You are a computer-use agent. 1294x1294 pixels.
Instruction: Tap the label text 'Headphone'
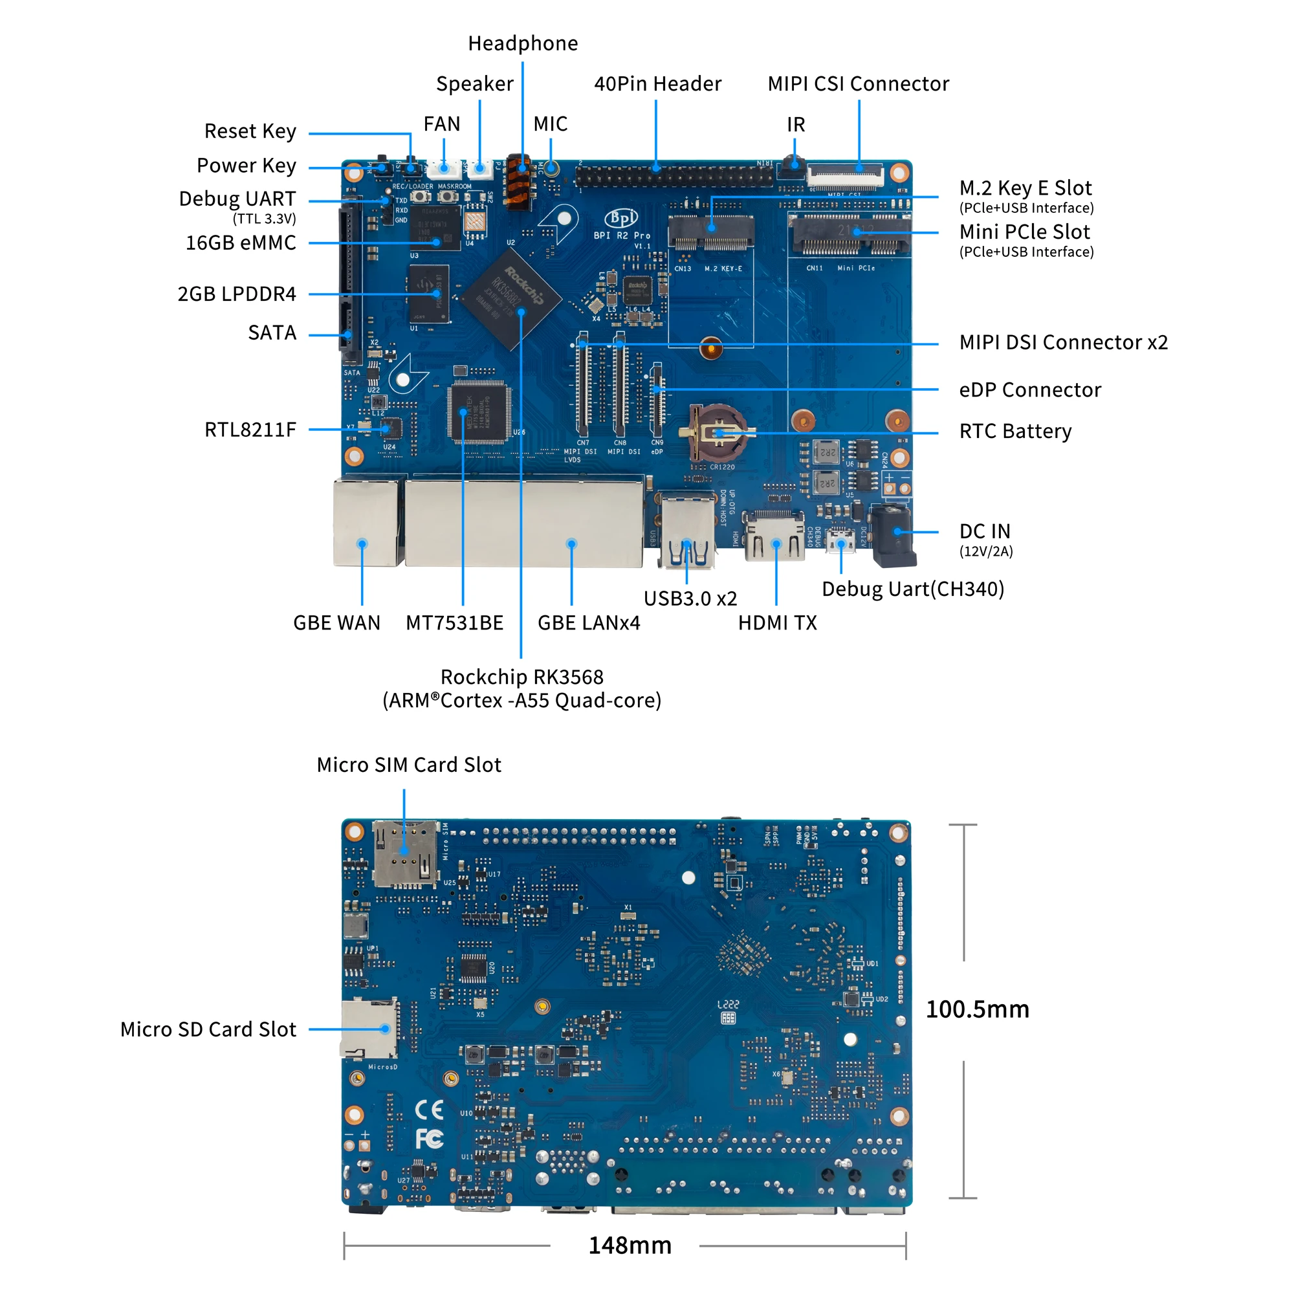click(x=522, y=43)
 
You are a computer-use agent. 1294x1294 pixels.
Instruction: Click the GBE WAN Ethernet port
click(x=366, y=522)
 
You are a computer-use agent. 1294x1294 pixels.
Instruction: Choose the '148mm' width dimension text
click(x=630, y=1245)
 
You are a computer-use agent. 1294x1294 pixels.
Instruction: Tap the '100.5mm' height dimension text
click(x=977, y=1009)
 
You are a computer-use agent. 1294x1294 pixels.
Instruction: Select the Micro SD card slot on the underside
click(x=369, y=1028)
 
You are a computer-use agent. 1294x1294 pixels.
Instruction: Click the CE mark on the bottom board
click(x=430, y=1110)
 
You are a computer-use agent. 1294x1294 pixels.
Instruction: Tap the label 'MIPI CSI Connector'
click(x=858, y=83)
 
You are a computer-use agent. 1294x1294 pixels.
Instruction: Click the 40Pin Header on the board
click(x=673, y=177)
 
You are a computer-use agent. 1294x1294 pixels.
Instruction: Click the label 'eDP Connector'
click(x=1029, y=389)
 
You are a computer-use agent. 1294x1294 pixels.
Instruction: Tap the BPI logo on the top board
click(x=621, y=218)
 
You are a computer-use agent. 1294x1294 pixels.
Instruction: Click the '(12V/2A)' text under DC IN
click(x=986, y=551)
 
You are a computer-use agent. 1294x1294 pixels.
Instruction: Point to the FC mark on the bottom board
click(x=429, y=1139)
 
